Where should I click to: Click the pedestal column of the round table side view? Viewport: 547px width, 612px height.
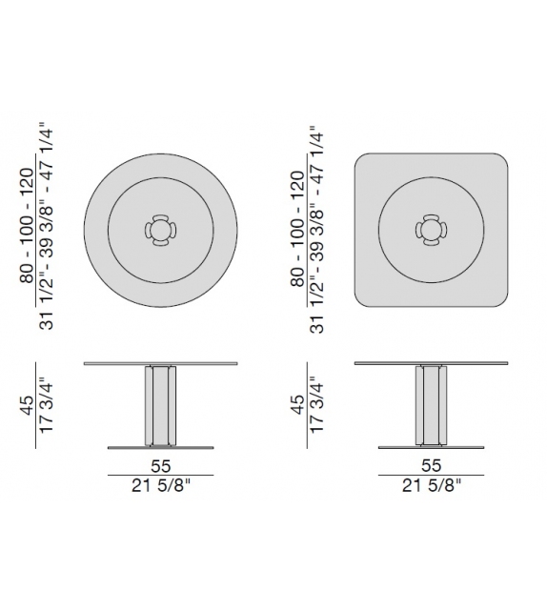pyautogui.click(x=160, y=405)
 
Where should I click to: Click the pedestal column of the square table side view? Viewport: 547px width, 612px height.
pyautogui.click(x=431, y=405)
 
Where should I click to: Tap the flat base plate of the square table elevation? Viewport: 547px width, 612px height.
pyautogui.click(x=400, y=446)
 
